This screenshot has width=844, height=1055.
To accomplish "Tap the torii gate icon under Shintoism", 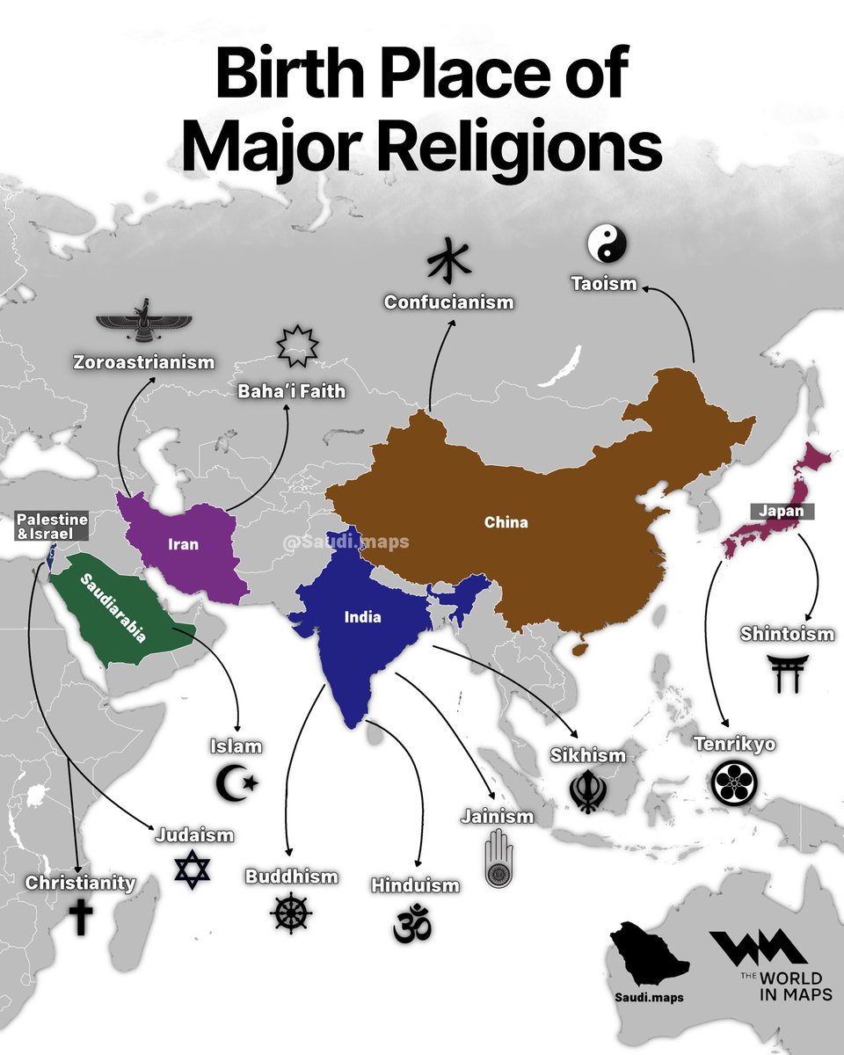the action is click(783, 673).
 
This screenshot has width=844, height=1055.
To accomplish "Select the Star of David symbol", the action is click(193, 869).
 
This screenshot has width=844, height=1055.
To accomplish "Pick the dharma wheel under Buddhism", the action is click(291, 912).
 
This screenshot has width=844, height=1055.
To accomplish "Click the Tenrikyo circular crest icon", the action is click(731, 782).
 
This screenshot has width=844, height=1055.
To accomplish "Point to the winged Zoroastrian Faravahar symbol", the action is click(142, 323).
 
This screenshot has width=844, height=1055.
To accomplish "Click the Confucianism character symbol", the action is click(448, 260).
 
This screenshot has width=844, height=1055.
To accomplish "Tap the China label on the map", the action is click(506, 522).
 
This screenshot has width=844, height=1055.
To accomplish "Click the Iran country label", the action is click(183, 544).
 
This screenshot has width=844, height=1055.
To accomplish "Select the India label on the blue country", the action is click(362, 616).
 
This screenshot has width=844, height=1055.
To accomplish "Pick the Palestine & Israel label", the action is click(53, 526).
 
